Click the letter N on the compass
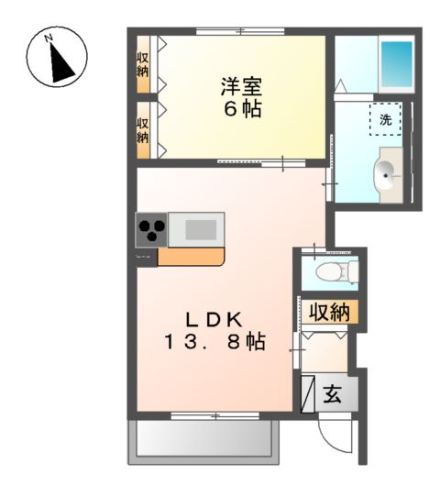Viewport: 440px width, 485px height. click(x=48, y=38)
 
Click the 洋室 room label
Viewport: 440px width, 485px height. click(x=241, y=86)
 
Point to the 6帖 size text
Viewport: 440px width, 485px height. click(x=243, y=108)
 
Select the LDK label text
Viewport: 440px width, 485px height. click(x=214, y=320)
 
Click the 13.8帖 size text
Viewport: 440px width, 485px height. click(x=215, y=341)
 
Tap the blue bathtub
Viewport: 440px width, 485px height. click(x=397, y=64)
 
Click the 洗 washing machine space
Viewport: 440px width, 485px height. click(x=386, y=119)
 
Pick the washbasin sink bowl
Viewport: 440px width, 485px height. click(x=385, y=176)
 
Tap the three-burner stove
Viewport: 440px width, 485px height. click(x=151, y=229)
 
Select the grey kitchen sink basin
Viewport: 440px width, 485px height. click(x=201, y=229)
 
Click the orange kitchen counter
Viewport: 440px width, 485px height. click(x=191, y=257)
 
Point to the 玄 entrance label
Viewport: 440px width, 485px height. click(x=333, y=394)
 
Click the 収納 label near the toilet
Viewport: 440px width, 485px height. click(x=330, y=312)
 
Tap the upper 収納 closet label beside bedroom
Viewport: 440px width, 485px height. click(x=143, y=65)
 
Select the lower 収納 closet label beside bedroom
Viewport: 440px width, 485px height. click(x=143, y=130)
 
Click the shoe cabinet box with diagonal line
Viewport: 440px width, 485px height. click(x=308, y=394)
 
